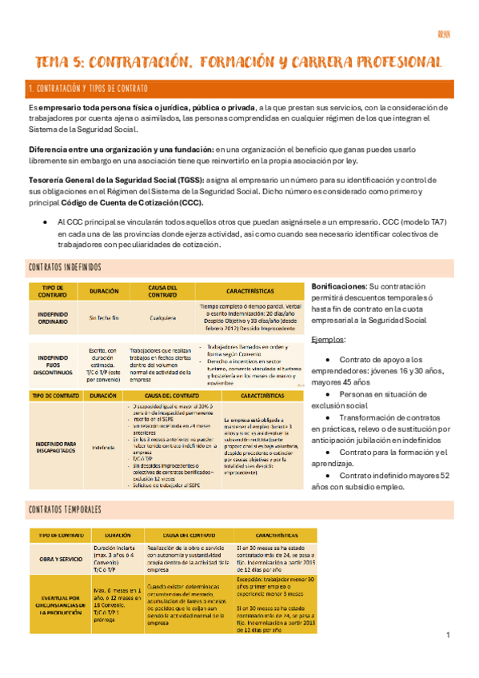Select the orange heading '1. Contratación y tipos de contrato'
(88, 88)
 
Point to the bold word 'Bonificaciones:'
(338, 285)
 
